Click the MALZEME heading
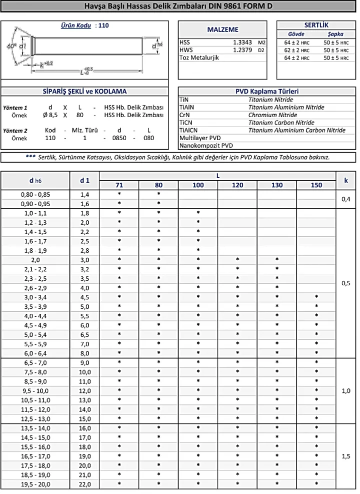click(222, 30)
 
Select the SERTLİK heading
click(315, 24)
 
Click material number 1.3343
click(242, 43)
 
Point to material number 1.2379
click(242, 50)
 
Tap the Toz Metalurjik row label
click(199, 58)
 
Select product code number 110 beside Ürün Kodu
click(103, 25)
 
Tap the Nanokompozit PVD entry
click(206, 146)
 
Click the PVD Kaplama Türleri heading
click(266, 92)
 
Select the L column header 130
click(276, 185)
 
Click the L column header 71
click(119, 185)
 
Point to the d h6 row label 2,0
click(35, 260)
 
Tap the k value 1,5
click(346, 455)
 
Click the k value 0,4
click(346, 199)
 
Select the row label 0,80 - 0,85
click(35, 194)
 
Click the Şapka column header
click(335, 34)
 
